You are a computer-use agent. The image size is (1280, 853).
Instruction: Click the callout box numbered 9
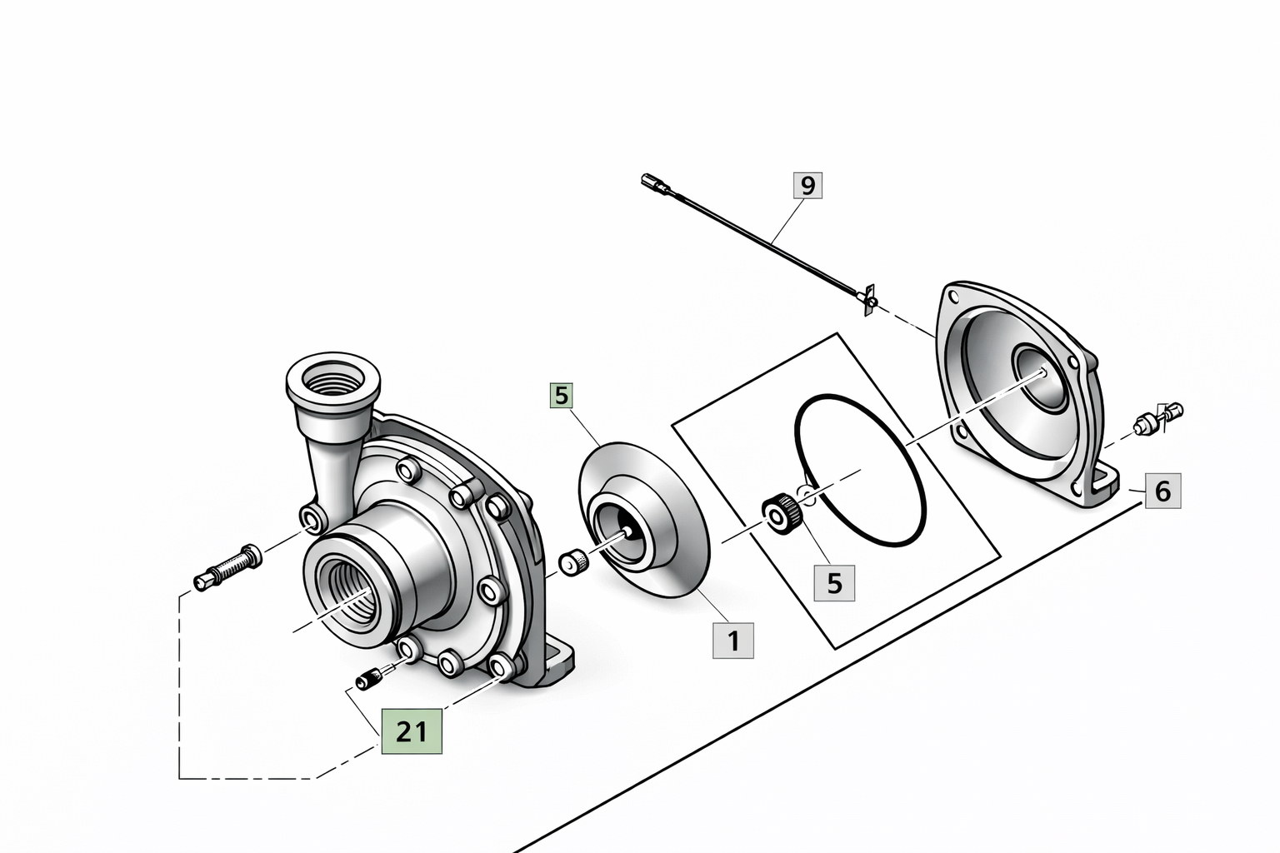click(x=807, y=185)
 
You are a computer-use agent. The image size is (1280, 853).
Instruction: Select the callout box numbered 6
click(x=1162, y=491)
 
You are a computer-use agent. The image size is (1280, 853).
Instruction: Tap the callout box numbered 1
click(x=733, y=641)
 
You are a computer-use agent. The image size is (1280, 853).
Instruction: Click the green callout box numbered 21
click(x=412, y=731)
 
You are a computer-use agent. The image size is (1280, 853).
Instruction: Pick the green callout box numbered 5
click(x=562, y=396)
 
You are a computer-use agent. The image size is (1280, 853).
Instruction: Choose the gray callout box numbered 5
click(x=834, y=583)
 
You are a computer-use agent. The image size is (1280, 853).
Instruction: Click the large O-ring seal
click(x=861, y=471)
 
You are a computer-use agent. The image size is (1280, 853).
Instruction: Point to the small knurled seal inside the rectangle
click(x=782, y=511)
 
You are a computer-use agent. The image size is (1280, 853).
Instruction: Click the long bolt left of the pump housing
click(x=227, y=566)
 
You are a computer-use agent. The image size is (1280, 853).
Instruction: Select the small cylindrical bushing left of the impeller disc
click(x=572, y=562)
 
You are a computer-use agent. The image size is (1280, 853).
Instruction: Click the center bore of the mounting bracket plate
click(x=1041, y=377)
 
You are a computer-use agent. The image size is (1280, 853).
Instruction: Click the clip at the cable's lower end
click(x=868, y=297)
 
